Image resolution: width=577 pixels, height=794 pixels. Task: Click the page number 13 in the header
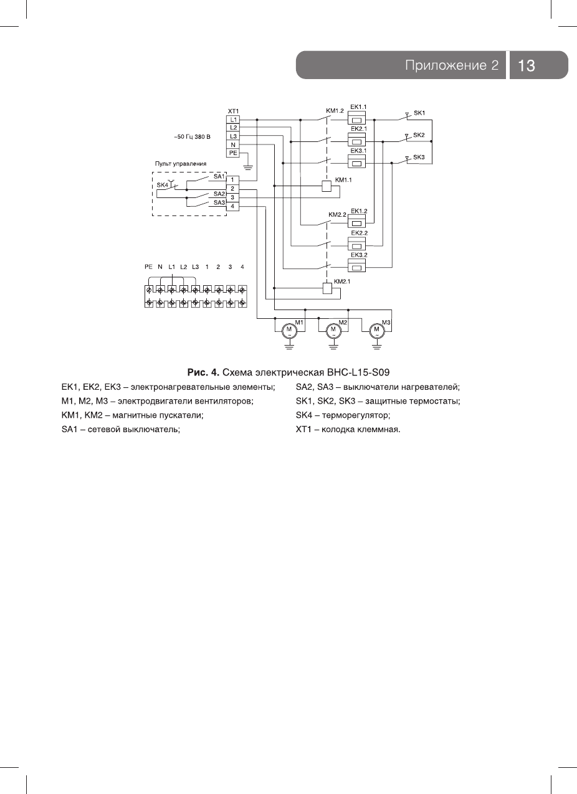click(527, 65)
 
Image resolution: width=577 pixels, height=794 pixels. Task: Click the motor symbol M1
click(288, 329)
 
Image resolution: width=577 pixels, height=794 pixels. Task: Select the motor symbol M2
click(333, 329)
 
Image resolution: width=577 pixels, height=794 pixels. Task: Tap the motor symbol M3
click(376, 329)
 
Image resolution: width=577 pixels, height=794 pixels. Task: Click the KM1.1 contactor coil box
click(326, 185)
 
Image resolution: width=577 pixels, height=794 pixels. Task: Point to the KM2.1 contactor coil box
click(326, 288)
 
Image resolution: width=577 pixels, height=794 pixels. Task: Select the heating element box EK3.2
click(357, 267)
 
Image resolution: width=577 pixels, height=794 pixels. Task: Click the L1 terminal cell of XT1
click(233, 119)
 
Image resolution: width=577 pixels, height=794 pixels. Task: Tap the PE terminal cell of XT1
click(233, 152)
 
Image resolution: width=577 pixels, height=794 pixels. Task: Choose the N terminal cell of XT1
click(233, 144)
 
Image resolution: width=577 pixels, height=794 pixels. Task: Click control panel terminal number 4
click(232, 206)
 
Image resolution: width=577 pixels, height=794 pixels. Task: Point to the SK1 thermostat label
click(419, 113)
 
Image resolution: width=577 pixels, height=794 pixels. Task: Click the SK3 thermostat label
click(419, 157)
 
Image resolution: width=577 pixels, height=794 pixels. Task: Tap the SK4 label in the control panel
click(162, 185)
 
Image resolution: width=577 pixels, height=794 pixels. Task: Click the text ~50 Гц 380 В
click(192, 136)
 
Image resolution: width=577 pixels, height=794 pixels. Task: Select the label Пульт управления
click(181, 163)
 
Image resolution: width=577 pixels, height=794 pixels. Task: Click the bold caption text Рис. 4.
click(204, 372)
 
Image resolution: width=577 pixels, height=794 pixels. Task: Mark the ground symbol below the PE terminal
click(248, 167)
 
